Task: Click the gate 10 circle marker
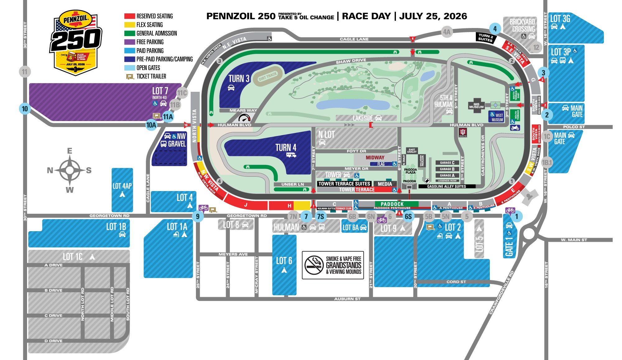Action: [25, 109]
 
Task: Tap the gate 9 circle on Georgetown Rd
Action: [198, 216]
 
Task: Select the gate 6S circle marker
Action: [408, 217]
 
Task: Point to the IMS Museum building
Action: [476, 106]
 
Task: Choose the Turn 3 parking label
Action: [239, 79]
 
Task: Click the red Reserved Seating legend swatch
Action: [129, 16]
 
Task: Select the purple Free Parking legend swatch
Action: [129, 42]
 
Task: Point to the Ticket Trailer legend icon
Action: [130, 77]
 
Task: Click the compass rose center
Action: [70, 170]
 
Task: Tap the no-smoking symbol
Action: [314, 265]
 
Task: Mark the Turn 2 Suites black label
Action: [485, 37]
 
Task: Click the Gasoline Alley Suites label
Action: [446, 186]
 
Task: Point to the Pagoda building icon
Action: [409, 186]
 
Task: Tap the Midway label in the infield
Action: [375, 157]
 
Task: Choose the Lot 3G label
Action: [560, 19]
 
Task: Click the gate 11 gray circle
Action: [25, 72]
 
